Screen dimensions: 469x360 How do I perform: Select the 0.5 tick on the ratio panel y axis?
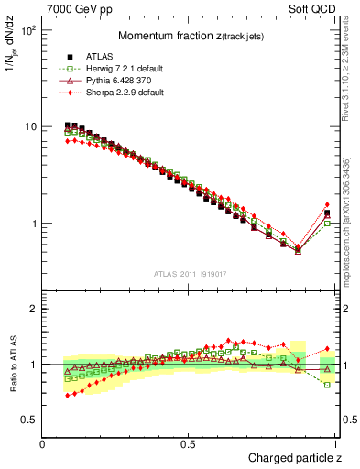click(x=30, y=420)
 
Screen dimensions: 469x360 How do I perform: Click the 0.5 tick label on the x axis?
click(x=188, y=443)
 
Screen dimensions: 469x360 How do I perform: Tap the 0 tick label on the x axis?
click(x=43, y=443)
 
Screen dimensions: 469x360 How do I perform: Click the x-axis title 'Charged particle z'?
click(x=294, y=458)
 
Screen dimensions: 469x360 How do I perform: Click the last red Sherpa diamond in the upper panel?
click(x=327, y=204)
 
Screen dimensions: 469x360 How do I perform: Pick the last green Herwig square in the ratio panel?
click(x=327, y=385)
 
